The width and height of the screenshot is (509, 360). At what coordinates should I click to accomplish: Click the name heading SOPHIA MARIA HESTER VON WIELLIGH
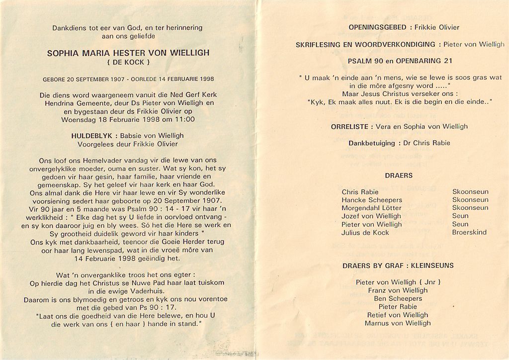(128, 53)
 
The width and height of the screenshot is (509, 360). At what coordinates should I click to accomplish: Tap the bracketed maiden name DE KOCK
(128, 62)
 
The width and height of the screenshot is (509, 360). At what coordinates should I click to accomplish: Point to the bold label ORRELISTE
(350, 126)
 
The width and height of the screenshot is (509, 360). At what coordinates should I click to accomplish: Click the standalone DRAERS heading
(399, 176)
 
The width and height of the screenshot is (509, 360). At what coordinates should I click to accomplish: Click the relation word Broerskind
(469, 232)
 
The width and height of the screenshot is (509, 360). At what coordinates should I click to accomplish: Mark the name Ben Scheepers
(398, 298)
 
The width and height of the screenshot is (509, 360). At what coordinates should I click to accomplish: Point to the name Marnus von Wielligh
(398, 323)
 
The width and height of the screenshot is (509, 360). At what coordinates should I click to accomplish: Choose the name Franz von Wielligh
(398, 290)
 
